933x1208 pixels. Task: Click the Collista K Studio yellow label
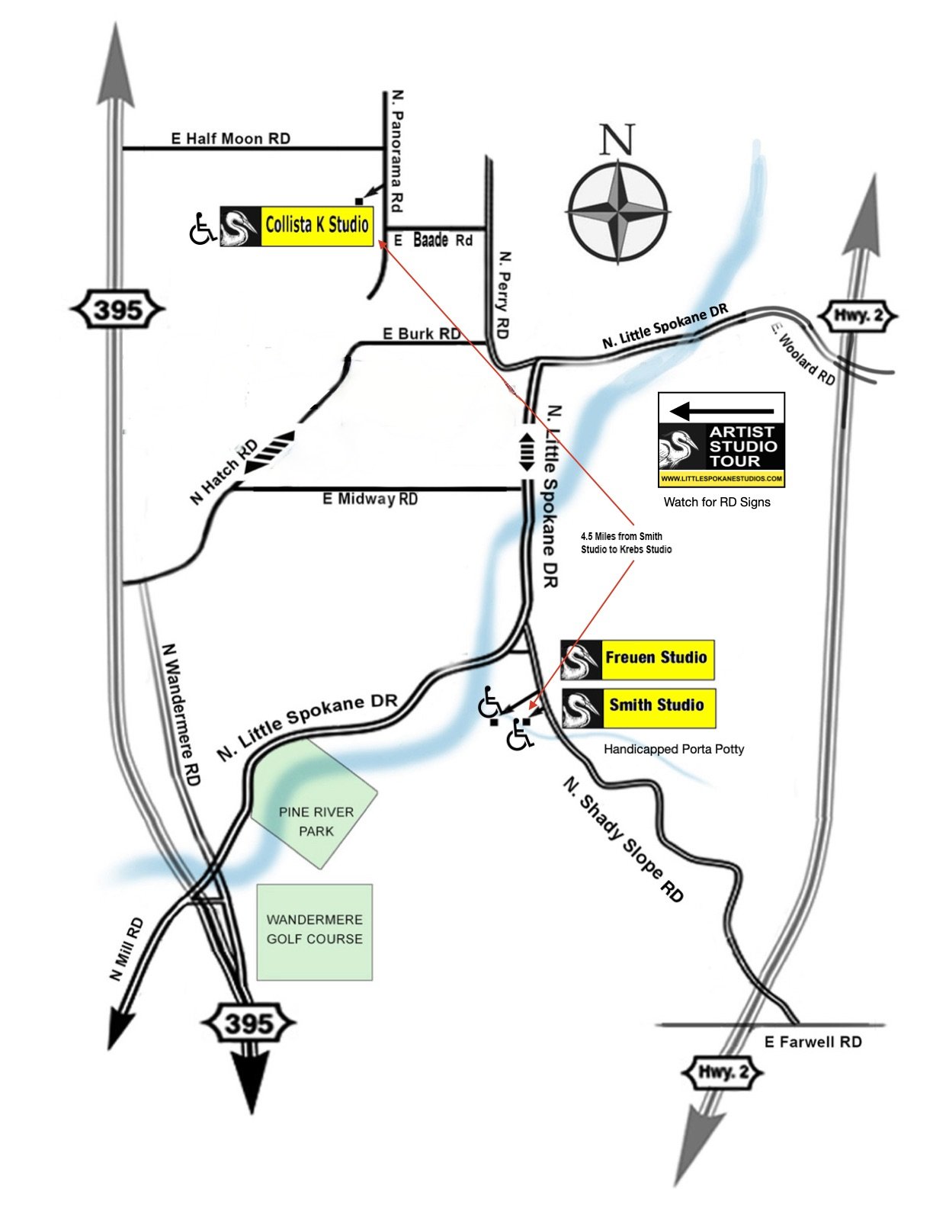316,225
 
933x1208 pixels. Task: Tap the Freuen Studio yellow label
656,657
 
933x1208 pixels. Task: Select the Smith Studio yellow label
656,705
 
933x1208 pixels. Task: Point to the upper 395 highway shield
117,310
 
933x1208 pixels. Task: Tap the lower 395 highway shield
249,1023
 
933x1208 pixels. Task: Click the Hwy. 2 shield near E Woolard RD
858,316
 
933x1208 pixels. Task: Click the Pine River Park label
316,821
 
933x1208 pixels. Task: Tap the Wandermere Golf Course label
314,929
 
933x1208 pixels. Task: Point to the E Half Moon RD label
230,138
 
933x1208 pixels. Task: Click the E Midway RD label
370,499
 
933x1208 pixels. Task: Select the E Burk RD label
421,333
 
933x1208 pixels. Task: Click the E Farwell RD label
813,1042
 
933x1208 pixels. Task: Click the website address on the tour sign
721,479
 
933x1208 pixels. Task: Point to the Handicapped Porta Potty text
674,749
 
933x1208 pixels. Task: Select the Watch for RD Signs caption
717,502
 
